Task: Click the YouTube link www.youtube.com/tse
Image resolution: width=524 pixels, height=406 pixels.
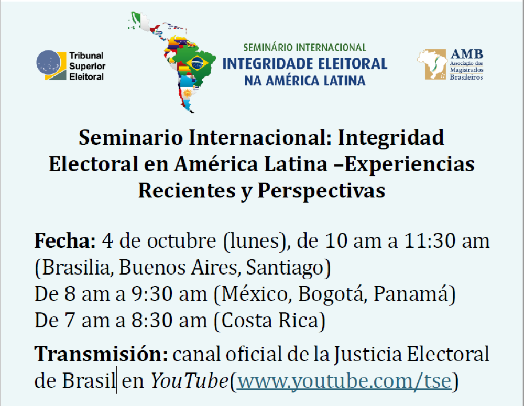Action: coord(344,381)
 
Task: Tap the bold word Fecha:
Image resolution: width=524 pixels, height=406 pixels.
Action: coord(65,240)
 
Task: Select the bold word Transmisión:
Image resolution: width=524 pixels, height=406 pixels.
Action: coord(101,354)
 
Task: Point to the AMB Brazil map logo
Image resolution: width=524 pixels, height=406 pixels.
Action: coord(432,64)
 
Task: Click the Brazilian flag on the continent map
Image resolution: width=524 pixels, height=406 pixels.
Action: coord(197,63)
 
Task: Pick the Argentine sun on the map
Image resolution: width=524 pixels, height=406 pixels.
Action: coord(188,93)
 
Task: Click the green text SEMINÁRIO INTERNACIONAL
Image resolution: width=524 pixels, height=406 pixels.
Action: coord(304,48)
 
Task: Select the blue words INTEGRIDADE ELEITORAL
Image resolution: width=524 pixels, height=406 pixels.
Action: coord(305,63)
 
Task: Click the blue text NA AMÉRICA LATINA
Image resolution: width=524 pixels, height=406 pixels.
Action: coord(305,81)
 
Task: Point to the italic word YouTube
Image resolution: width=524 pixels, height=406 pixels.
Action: coord(190,381)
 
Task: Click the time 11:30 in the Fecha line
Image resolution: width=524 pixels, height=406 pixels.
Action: coord(430,240)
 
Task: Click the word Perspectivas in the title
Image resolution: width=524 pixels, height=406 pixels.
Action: coord(322,191)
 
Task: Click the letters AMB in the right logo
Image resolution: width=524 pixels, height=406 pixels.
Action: coord(466,54)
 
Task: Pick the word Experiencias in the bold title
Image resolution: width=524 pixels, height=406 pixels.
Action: coord(409,164)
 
